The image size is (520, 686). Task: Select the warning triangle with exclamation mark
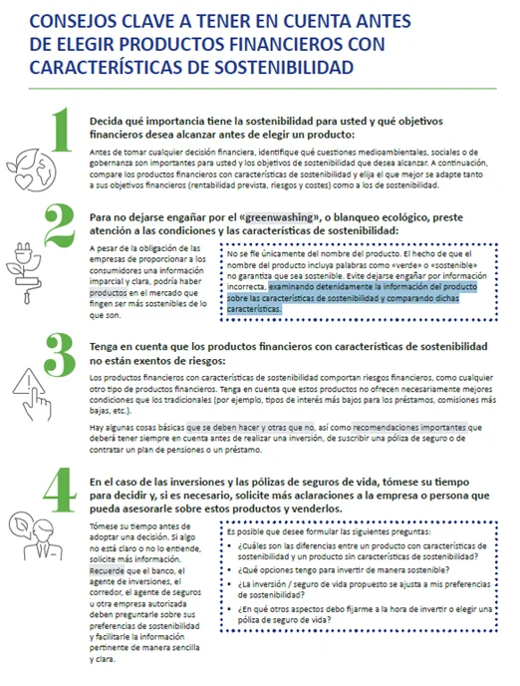31,385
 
